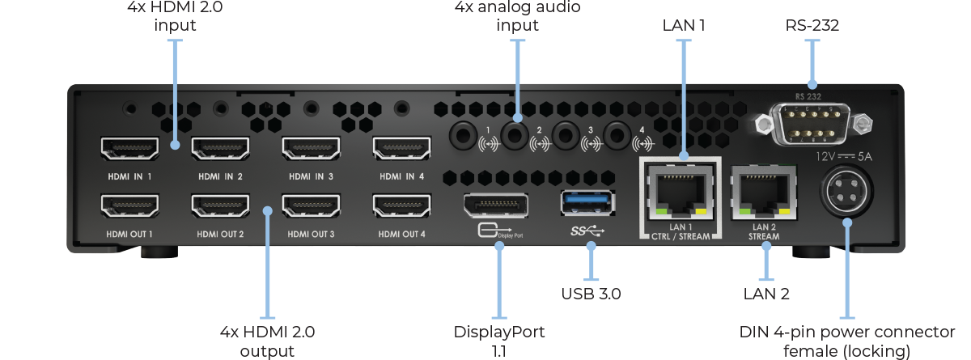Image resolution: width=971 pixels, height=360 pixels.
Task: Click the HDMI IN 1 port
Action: (129, 149)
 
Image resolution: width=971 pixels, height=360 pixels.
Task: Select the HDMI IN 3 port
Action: (311, 149)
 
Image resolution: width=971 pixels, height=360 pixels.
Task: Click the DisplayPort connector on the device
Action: (495, 207)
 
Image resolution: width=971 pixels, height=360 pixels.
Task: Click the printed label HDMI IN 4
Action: (401, 176)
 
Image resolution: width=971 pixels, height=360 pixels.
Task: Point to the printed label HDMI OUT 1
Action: (129, 235)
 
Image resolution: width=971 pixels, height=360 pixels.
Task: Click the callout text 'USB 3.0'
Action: (591, 293)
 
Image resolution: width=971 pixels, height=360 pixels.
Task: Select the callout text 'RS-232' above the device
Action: (812, 26)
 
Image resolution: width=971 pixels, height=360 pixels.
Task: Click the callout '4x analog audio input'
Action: (517, 16)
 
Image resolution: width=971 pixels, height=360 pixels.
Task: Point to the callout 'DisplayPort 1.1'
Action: (499, 341)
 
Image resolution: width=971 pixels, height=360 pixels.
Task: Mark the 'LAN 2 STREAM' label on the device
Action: (764, 232)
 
